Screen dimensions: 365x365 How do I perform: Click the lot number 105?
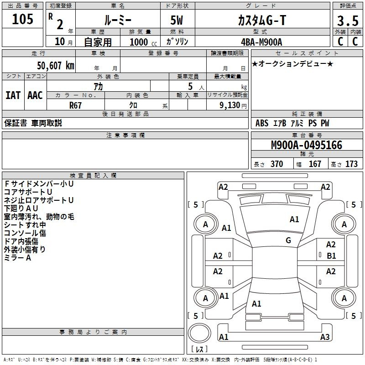coord(23,19)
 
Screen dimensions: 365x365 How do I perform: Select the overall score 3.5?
coord(348,21)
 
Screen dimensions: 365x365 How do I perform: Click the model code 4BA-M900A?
coord(261,42)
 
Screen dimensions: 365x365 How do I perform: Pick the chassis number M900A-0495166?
coord(306,145)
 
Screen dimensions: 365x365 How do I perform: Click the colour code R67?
coord(75,105)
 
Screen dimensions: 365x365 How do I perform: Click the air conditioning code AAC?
coord(35,95)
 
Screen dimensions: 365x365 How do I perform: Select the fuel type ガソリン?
coord(177,42)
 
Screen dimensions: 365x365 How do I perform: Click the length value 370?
coord(276,164)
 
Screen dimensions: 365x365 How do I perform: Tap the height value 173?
coord(351,164)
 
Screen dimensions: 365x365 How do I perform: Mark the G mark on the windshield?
coord(288,240)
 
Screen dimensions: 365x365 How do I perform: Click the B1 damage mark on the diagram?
coord(331,256)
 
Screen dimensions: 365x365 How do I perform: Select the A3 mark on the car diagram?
coord(325,337)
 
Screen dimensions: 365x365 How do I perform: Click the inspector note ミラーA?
coord(17,258)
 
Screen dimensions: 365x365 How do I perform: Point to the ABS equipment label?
coord(262,123)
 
